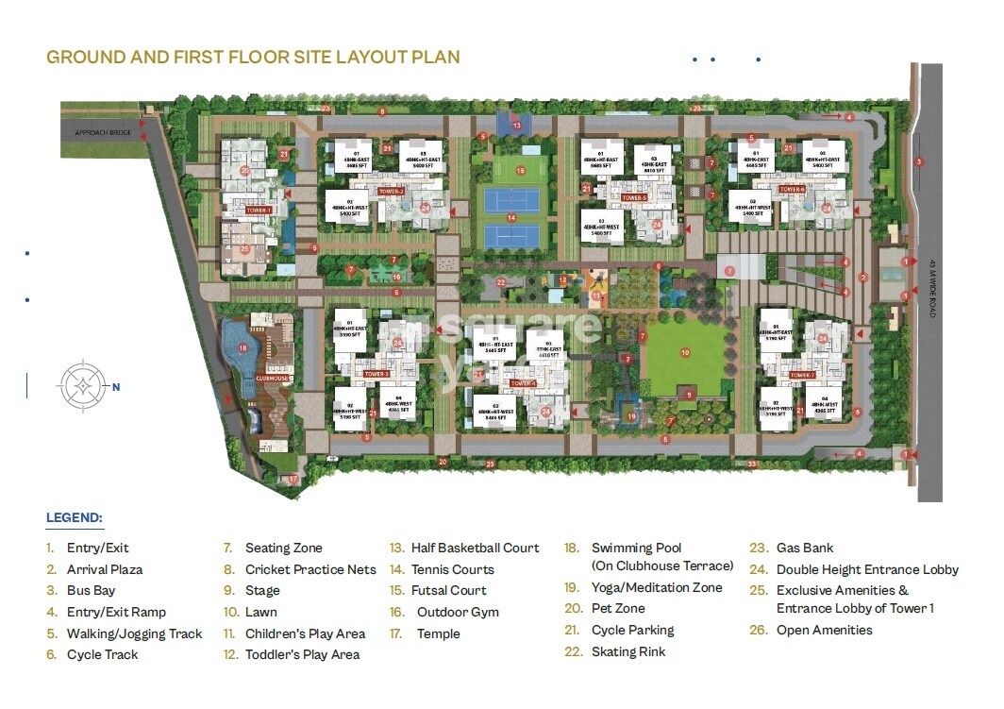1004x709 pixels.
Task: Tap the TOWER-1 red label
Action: coord(260,211)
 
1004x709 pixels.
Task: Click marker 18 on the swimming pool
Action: coord(243,347)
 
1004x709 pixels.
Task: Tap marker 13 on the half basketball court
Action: coord(516,125)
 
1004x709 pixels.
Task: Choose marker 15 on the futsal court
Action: coord(521,171)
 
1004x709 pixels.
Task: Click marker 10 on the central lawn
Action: coord(686,353)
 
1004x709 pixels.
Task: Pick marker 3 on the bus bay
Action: coord(919,161)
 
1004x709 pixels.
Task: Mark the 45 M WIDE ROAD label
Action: coord(932,287)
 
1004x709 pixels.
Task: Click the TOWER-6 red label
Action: coord(793,190)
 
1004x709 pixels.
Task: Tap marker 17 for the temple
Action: coord(293,480)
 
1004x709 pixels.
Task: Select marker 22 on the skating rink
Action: coord(502,282)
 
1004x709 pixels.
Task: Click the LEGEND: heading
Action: coord(75,517)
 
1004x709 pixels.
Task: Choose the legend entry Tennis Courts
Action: coord(452,569)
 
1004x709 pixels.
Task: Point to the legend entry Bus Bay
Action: coord(91,590)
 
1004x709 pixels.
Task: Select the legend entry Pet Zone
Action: coord(618,609)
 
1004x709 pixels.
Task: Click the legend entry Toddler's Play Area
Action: coord(302,654)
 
